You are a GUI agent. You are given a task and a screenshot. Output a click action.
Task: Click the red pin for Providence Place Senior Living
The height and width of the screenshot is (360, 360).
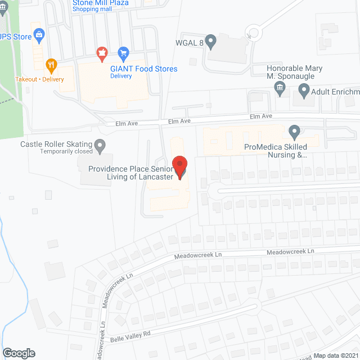point(180,167)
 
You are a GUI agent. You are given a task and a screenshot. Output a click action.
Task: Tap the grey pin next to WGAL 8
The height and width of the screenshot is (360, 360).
point(211,40)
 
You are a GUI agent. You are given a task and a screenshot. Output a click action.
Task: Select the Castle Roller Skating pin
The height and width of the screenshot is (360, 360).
point(101,146)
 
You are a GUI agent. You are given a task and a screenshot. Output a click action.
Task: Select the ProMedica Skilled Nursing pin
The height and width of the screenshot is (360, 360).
point(294,132)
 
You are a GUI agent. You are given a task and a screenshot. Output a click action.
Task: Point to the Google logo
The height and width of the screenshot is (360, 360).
point(19,353)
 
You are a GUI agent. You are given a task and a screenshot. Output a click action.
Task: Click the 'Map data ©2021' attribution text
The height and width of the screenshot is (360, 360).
point(336,355)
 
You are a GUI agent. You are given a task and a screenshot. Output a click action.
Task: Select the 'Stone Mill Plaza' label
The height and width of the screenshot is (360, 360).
point(101,3)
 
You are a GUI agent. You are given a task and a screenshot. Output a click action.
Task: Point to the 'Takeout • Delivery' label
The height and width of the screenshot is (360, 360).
point(39,79)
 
